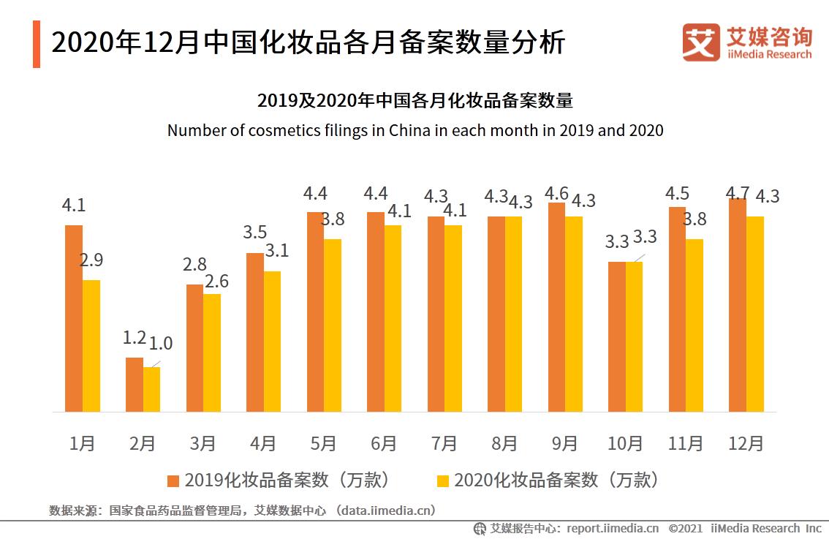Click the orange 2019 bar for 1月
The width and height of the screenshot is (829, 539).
pos(74,318)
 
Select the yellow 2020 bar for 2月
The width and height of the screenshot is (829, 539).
pos(151,389)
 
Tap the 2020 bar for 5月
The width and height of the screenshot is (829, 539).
pos(333,325)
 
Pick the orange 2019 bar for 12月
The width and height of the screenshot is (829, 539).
pos(738,304)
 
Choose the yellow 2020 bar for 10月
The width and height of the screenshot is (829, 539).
pos(635,336)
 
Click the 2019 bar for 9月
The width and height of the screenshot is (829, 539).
pos(556,306)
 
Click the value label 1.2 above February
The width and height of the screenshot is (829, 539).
pos(135,338)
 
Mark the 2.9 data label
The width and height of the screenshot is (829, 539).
pos(91,260)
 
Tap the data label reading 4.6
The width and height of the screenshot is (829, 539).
pos(557,194)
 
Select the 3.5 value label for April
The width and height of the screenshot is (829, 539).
pos(254,233)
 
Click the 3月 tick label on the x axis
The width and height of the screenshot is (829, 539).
pos(202,443)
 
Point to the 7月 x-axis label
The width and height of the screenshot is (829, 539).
pos(444,443)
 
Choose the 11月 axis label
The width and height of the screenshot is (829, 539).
pos(685,443)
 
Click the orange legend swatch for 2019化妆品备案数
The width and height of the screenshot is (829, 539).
pos(173,480)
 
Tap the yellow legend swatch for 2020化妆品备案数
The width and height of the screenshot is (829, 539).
pos(442,480)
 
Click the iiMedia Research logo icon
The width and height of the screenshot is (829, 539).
pos(701,42)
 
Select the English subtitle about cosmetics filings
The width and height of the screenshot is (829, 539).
pos(414,131)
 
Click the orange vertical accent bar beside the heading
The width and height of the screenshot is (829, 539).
pos(37,44)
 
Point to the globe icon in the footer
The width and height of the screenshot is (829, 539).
pos(480,528)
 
